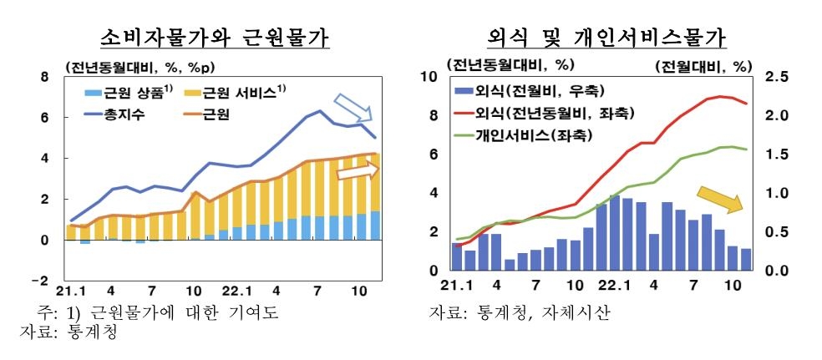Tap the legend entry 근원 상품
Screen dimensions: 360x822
click(134, 93)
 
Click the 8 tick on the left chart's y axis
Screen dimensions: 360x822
click(46, 77)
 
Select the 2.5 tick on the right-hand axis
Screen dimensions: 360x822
click(776, 77)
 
